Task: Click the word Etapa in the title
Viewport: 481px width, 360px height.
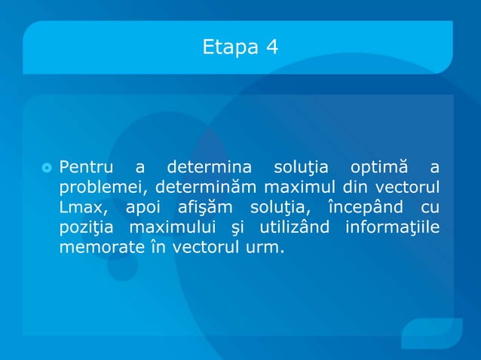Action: (x=229, y=47)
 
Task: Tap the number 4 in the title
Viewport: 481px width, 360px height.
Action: (x=271, y=47)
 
